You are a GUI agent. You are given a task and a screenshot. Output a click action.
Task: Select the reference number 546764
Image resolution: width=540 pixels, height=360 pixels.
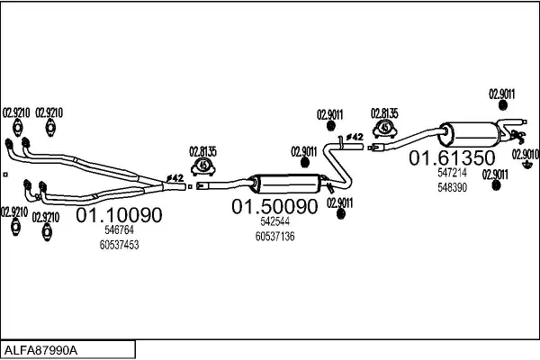(119, 230)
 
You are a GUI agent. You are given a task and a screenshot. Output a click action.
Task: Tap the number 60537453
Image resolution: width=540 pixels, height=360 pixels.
(119, 244)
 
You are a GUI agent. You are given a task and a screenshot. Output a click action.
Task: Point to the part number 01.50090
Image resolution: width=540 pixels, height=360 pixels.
(275, 207)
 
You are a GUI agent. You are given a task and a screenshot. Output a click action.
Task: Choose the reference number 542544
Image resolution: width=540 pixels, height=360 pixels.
(274, 221)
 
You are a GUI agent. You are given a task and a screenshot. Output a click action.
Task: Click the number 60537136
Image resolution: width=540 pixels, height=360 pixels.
(274, 236)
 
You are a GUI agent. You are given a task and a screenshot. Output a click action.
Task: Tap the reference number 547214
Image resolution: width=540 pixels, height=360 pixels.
(452, 173)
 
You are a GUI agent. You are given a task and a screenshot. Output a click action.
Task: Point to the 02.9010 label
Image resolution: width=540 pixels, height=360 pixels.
(525, 153)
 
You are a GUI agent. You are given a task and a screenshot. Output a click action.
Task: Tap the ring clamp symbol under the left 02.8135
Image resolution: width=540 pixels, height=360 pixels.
(204, 166)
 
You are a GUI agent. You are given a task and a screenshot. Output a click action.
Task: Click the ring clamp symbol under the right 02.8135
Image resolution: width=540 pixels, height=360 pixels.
(384, 129)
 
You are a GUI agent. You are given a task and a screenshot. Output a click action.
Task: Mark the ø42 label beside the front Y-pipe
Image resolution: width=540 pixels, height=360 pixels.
(175, 178)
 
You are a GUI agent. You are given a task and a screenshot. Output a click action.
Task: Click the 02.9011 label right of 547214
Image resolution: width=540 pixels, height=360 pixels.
(494, 174)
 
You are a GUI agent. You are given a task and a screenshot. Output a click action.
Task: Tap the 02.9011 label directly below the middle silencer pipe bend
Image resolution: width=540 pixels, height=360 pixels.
(339, 202)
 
